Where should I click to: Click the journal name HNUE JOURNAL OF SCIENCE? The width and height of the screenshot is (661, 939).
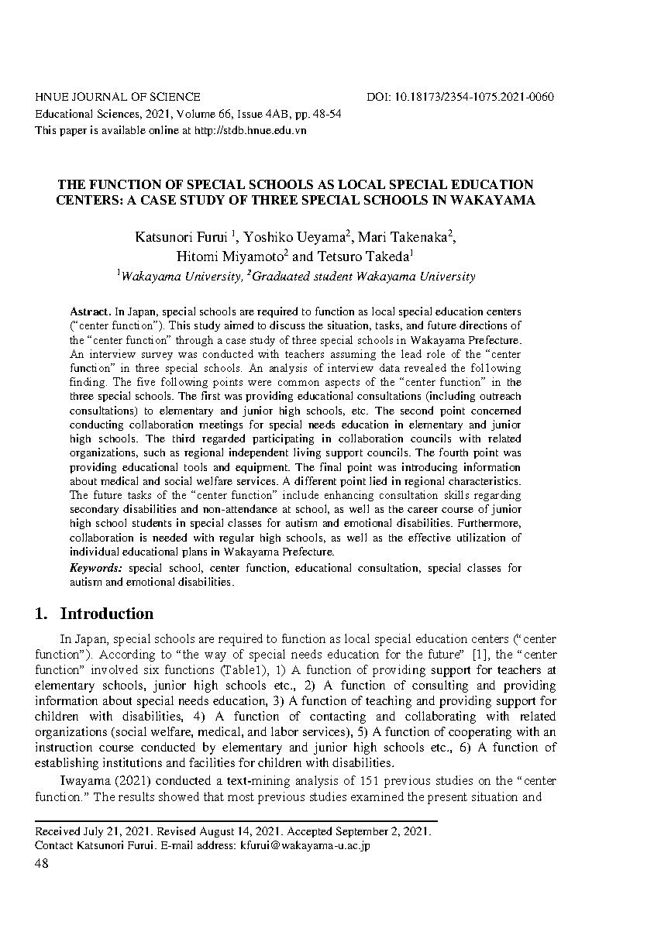click(118, 97)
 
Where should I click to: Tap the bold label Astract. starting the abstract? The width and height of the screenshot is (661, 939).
click(91, 311)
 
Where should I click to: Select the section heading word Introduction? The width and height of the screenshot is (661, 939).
click(107, 614)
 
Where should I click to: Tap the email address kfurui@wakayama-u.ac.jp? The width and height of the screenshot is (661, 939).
click(305, 845)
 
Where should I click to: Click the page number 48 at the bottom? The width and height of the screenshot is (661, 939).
click(42, 864)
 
